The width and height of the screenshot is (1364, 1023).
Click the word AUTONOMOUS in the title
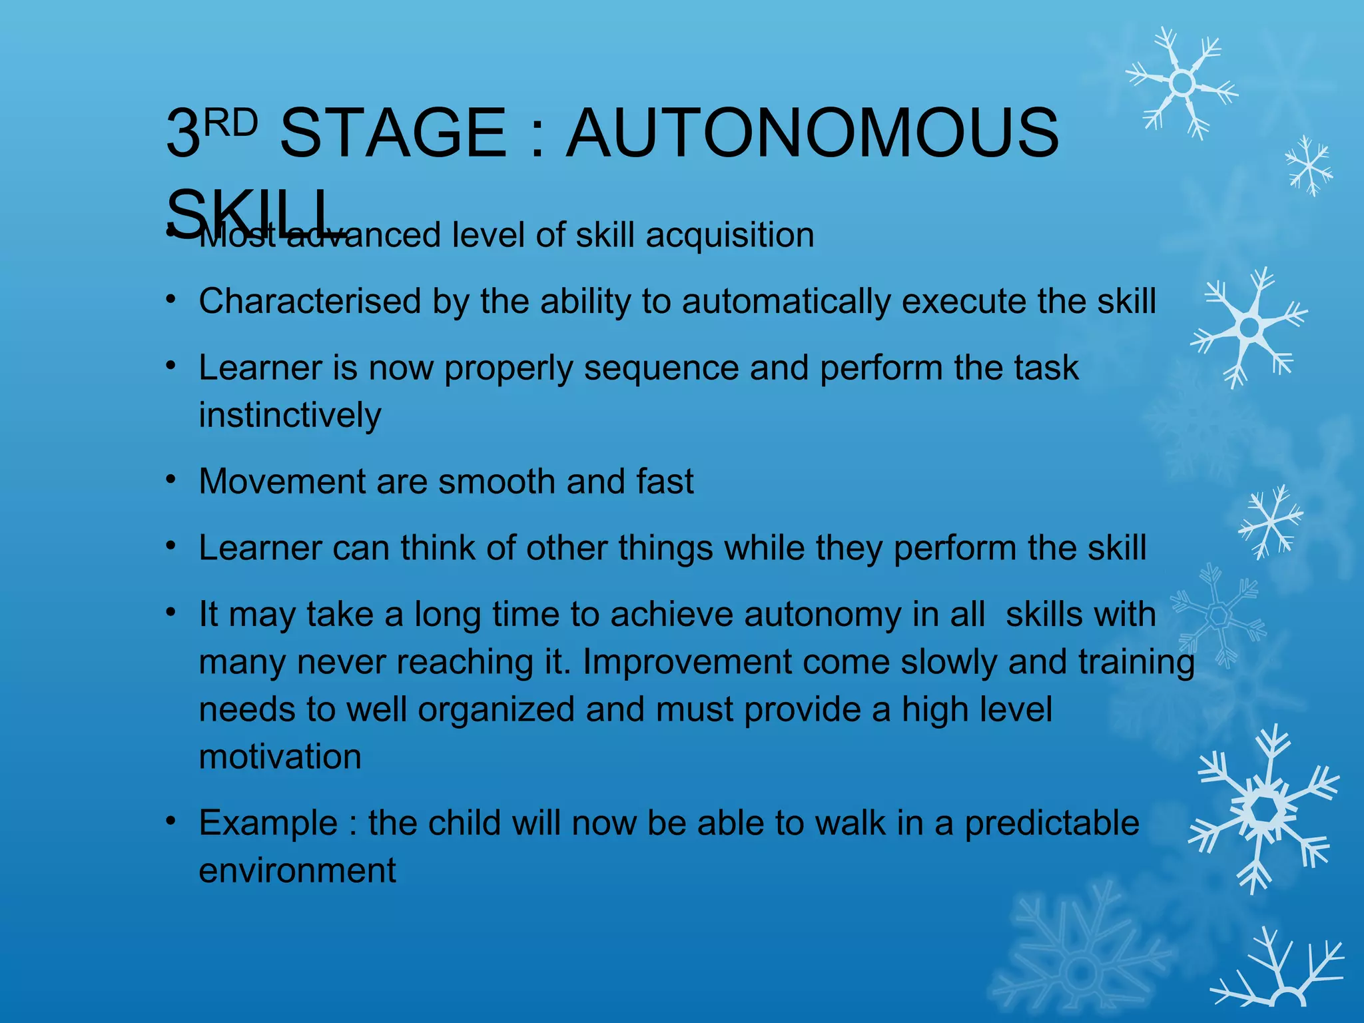812,133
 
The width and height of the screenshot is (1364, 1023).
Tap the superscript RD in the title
230,123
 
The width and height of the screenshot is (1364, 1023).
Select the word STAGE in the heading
394,133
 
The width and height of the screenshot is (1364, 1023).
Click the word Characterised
310,301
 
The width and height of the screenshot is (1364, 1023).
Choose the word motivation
280,757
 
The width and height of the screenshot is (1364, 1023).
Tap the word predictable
1052,823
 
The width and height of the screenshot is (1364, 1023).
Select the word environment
298,870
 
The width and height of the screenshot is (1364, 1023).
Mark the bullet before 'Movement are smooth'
171,480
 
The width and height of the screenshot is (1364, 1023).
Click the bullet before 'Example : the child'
171,821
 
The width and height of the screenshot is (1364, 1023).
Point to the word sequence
661,369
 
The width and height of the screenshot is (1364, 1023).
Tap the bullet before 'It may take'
171,612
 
